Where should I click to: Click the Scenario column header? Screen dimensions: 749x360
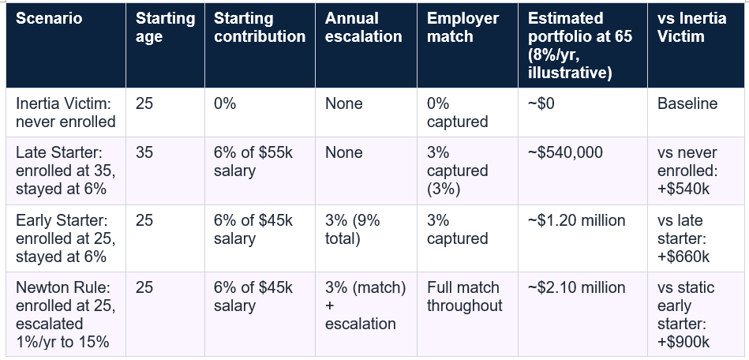coord(49,18)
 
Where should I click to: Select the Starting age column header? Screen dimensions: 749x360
coord(165,28)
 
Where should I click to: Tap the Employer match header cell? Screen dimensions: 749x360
coord(463,28)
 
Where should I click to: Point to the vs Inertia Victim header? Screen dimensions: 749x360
coord(691,28)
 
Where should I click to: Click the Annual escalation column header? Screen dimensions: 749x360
coord(364,28)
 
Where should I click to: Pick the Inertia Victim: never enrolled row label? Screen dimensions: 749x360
coord(66,112)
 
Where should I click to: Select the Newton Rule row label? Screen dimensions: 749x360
coord(66,314)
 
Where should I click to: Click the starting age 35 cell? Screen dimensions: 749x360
coord(144,152)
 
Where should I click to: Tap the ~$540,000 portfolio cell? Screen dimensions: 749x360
coord(565,152)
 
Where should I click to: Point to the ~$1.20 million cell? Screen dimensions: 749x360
coord(577,220)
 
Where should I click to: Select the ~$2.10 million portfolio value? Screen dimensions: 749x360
coord(577,287)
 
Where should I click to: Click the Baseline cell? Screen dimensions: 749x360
coord(687,103)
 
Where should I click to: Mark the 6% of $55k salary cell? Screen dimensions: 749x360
coord(253,162)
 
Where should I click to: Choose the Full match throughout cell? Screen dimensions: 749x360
coord(464,296)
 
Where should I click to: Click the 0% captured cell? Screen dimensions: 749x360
coord(457,112)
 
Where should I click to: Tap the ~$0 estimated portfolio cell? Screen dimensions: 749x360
coord(541,103)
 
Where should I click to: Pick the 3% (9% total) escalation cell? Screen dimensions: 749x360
coord(353,230)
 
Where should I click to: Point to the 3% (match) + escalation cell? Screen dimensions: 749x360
coord(365,306)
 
